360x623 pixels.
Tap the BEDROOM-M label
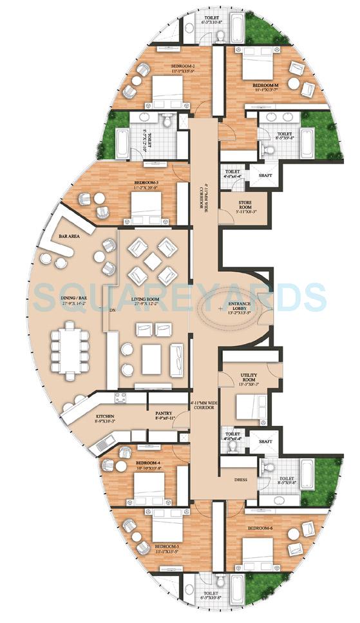[x=265, y=85]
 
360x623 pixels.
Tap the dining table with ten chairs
[x=71, y=342]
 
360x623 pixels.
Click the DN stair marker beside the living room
[x=112, y=310]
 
